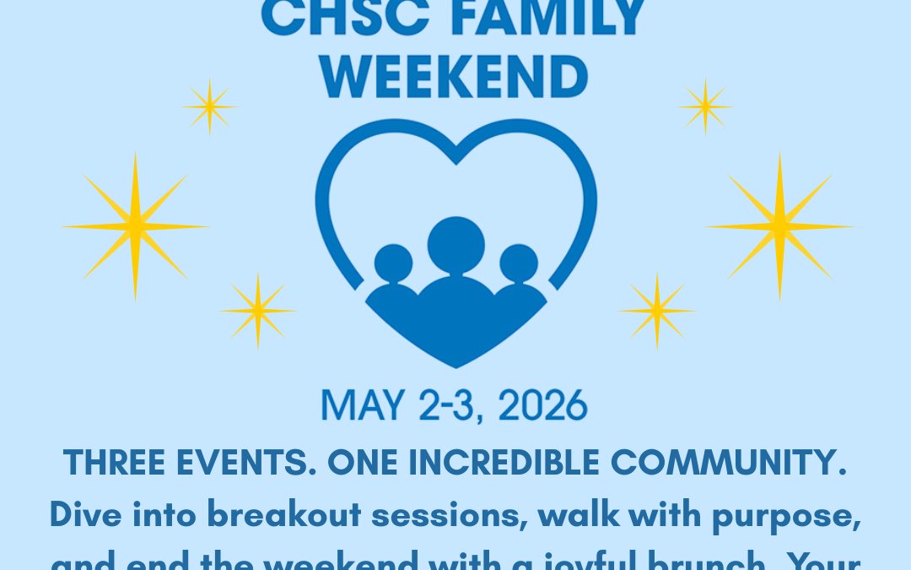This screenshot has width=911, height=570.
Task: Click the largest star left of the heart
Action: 135,226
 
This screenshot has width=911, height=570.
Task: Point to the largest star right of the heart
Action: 779,226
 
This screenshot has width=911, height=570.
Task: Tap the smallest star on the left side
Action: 209,106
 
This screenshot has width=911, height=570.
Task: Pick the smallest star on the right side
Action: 704,106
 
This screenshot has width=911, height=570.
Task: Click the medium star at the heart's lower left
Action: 258,311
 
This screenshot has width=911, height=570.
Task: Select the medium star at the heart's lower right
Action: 657,311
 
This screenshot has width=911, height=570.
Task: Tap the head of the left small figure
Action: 393,263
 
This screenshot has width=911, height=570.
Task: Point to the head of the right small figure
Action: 518,263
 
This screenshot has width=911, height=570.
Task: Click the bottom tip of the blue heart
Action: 455,365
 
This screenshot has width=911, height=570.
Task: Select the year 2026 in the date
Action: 542,406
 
